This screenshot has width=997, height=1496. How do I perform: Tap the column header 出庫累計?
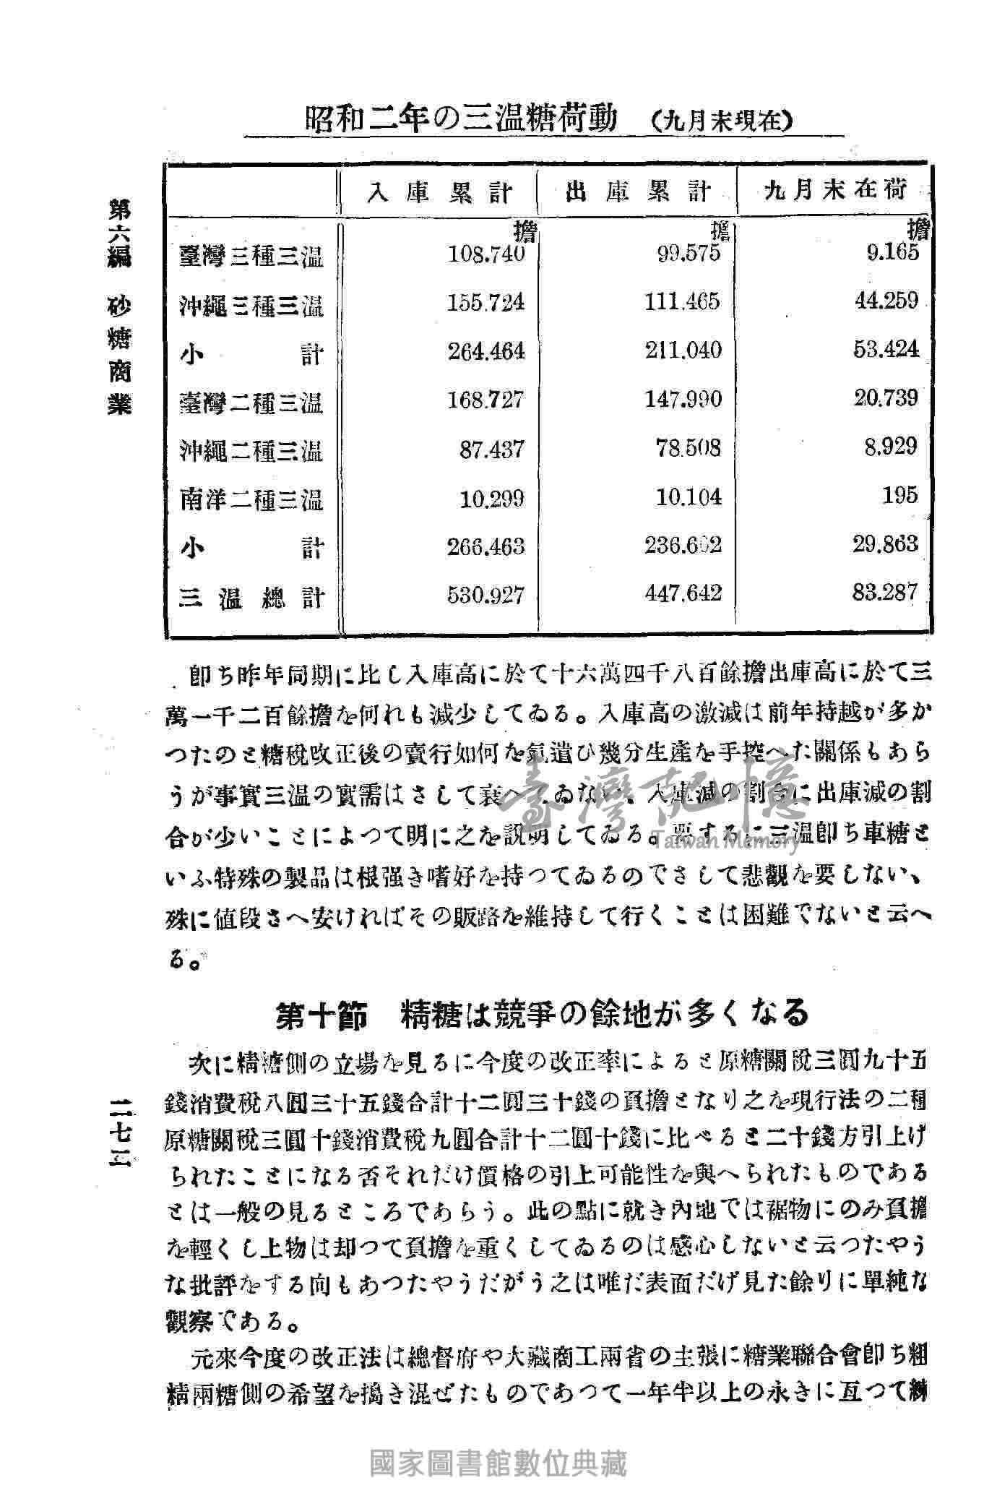pyautogui.click(x=638, y=192)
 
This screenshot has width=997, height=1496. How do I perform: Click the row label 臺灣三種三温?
pyautogui.click(x=251, y=257)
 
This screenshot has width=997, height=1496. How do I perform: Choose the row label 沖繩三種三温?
pyautogui.click(x=251, y=306)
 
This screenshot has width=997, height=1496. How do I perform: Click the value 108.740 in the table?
pyautogui.click(x=485, y=254)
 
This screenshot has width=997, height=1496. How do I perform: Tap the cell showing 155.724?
pyautogui.click(x=485, y=303)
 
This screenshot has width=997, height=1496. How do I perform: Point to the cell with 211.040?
pyautogui.click(x=683, y=351)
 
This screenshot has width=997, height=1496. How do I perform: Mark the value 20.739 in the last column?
pyautogui.click(x=886, y=397)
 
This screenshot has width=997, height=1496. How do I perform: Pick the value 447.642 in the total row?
pyautogui.click(x=683, y=594)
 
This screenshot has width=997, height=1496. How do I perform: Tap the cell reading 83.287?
pyautogui.click(x=886, y=593)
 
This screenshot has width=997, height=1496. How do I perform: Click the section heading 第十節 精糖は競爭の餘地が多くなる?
pyautogui.click(x=542, y=1014)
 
